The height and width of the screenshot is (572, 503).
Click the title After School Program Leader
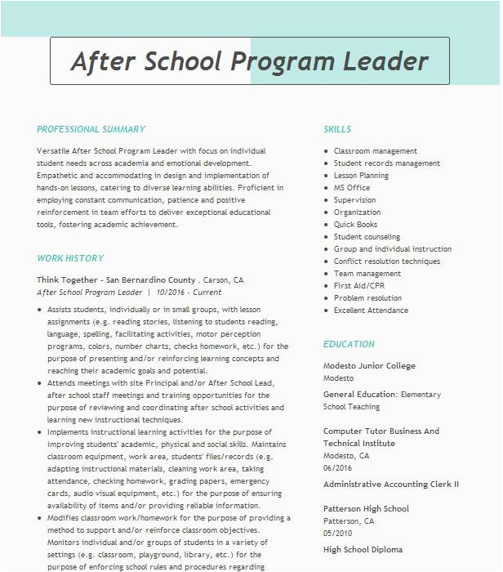tap(250, 61)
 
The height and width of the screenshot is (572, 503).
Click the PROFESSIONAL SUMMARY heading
tap(91, 129)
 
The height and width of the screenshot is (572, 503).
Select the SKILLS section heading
tap(337, 129)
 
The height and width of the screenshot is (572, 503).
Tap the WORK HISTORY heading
tap(70, 258)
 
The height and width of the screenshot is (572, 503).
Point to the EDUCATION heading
tap(349, 344)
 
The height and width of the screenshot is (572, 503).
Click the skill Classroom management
tap(375, 151)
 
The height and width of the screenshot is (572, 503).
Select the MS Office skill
tap(352, 188)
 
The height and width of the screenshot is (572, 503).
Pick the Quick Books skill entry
tap(355, 225)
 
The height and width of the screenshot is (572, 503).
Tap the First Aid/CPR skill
tap(358, 286)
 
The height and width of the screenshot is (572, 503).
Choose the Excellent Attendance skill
tap(372, 311)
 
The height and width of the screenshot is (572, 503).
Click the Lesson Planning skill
tap(361, 176)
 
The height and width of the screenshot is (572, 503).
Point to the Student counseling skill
tap(367, 237)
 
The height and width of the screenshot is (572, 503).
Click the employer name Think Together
tap(69, 280)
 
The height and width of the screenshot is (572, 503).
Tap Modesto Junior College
tap(369, 366)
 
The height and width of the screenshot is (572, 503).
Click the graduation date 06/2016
tap(337, 468)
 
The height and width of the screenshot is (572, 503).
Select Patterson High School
tap(366, 508)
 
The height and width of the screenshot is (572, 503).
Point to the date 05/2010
tap(337, 533)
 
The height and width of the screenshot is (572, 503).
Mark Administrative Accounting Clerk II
tap(390, 485)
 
